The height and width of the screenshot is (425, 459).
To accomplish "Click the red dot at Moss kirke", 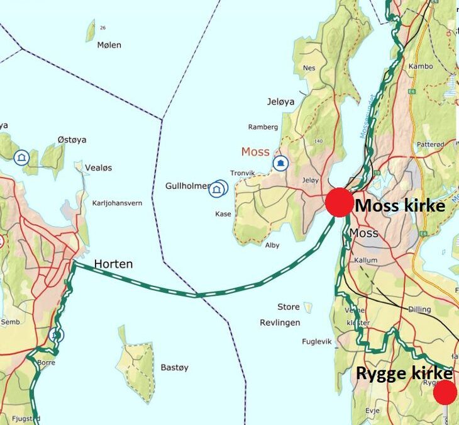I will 339,203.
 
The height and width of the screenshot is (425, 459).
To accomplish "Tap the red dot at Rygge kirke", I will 445,393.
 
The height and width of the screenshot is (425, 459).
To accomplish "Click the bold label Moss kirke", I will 400,206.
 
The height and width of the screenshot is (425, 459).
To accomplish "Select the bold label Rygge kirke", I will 404,373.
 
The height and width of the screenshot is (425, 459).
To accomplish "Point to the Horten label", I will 113,264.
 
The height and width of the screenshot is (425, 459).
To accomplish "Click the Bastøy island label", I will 174,367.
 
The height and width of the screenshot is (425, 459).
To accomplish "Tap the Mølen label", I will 109,45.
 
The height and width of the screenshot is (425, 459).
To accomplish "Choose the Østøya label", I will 72,139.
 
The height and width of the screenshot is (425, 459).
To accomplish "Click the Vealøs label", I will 97,167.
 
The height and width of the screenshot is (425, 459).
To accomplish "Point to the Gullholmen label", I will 187,186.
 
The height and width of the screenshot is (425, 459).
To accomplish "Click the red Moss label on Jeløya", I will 255,152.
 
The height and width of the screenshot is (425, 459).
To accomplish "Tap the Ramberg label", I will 263,127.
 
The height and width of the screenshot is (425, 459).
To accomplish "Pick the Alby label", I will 272,245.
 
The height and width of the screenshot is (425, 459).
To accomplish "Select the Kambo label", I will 421,66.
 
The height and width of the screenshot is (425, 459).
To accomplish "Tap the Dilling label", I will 419,309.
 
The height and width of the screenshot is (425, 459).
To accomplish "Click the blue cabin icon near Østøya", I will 21,157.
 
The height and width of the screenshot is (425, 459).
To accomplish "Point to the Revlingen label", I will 280,322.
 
